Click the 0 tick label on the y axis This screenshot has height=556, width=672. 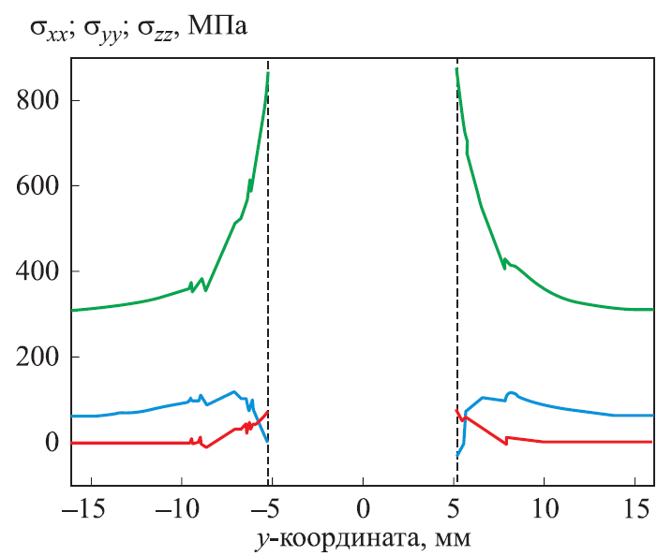coord(52,442)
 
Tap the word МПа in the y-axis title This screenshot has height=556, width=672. coord(217,27)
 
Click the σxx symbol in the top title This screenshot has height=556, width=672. coord(50,28)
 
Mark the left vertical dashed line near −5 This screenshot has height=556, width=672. coord(268,281)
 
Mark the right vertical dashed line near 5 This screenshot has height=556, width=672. coord(456,281)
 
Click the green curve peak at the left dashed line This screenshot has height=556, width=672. coord(268,73)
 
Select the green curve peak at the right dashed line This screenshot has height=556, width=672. coord(456,68)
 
